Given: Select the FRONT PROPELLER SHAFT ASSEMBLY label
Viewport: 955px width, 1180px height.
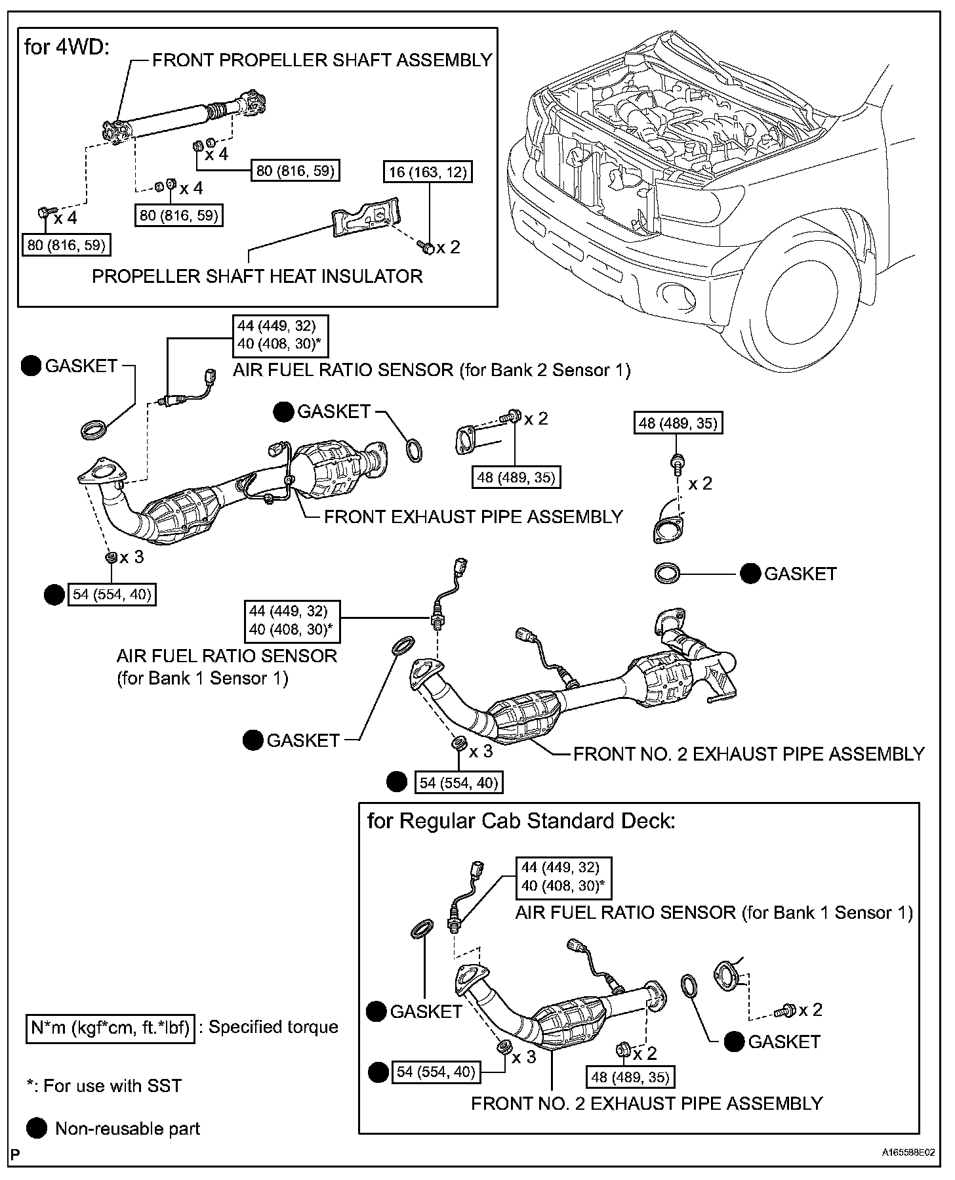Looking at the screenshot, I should click(322, 60).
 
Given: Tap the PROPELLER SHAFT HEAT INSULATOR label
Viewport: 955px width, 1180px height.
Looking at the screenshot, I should click(257, 276).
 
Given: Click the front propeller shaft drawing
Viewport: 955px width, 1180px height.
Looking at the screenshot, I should click(186, 117).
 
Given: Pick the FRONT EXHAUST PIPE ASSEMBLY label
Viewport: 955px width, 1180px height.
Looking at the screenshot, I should click(473, 517).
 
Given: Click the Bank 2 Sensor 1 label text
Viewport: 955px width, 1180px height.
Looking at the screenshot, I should click(432, 370).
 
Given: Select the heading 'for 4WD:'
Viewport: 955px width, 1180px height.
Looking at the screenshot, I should click(66, 47).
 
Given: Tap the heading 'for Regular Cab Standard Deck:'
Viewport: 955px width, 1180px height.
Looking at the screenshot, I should click(521, 821).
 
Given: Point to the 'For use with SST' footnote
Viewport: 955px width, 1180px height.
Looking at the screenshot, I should click(104, 1086).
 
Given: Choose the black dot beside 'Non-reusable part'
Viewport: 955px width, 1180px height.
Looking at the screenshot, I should click(37, 1129).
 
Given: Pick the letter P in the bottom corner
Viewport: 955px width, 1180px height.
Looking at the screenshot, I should click(14, 1152).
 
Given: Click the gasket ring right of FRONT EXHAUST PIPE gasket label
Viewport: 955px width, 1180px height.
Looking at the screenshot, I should click(415, 452).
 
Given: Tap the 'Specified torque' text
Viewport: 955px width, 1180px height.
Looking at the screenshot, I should click(273, 1027).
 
